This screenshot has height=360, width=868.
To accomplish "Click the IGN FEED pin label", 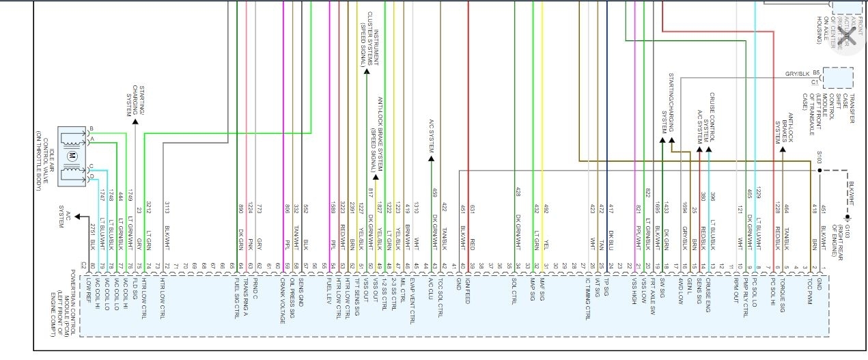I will (467, 290).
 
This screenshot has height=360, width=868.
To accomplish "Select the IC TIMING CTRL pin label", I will (588, 298).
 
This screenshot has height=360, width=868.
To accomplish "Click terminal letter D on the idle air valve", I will (91, 177).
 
